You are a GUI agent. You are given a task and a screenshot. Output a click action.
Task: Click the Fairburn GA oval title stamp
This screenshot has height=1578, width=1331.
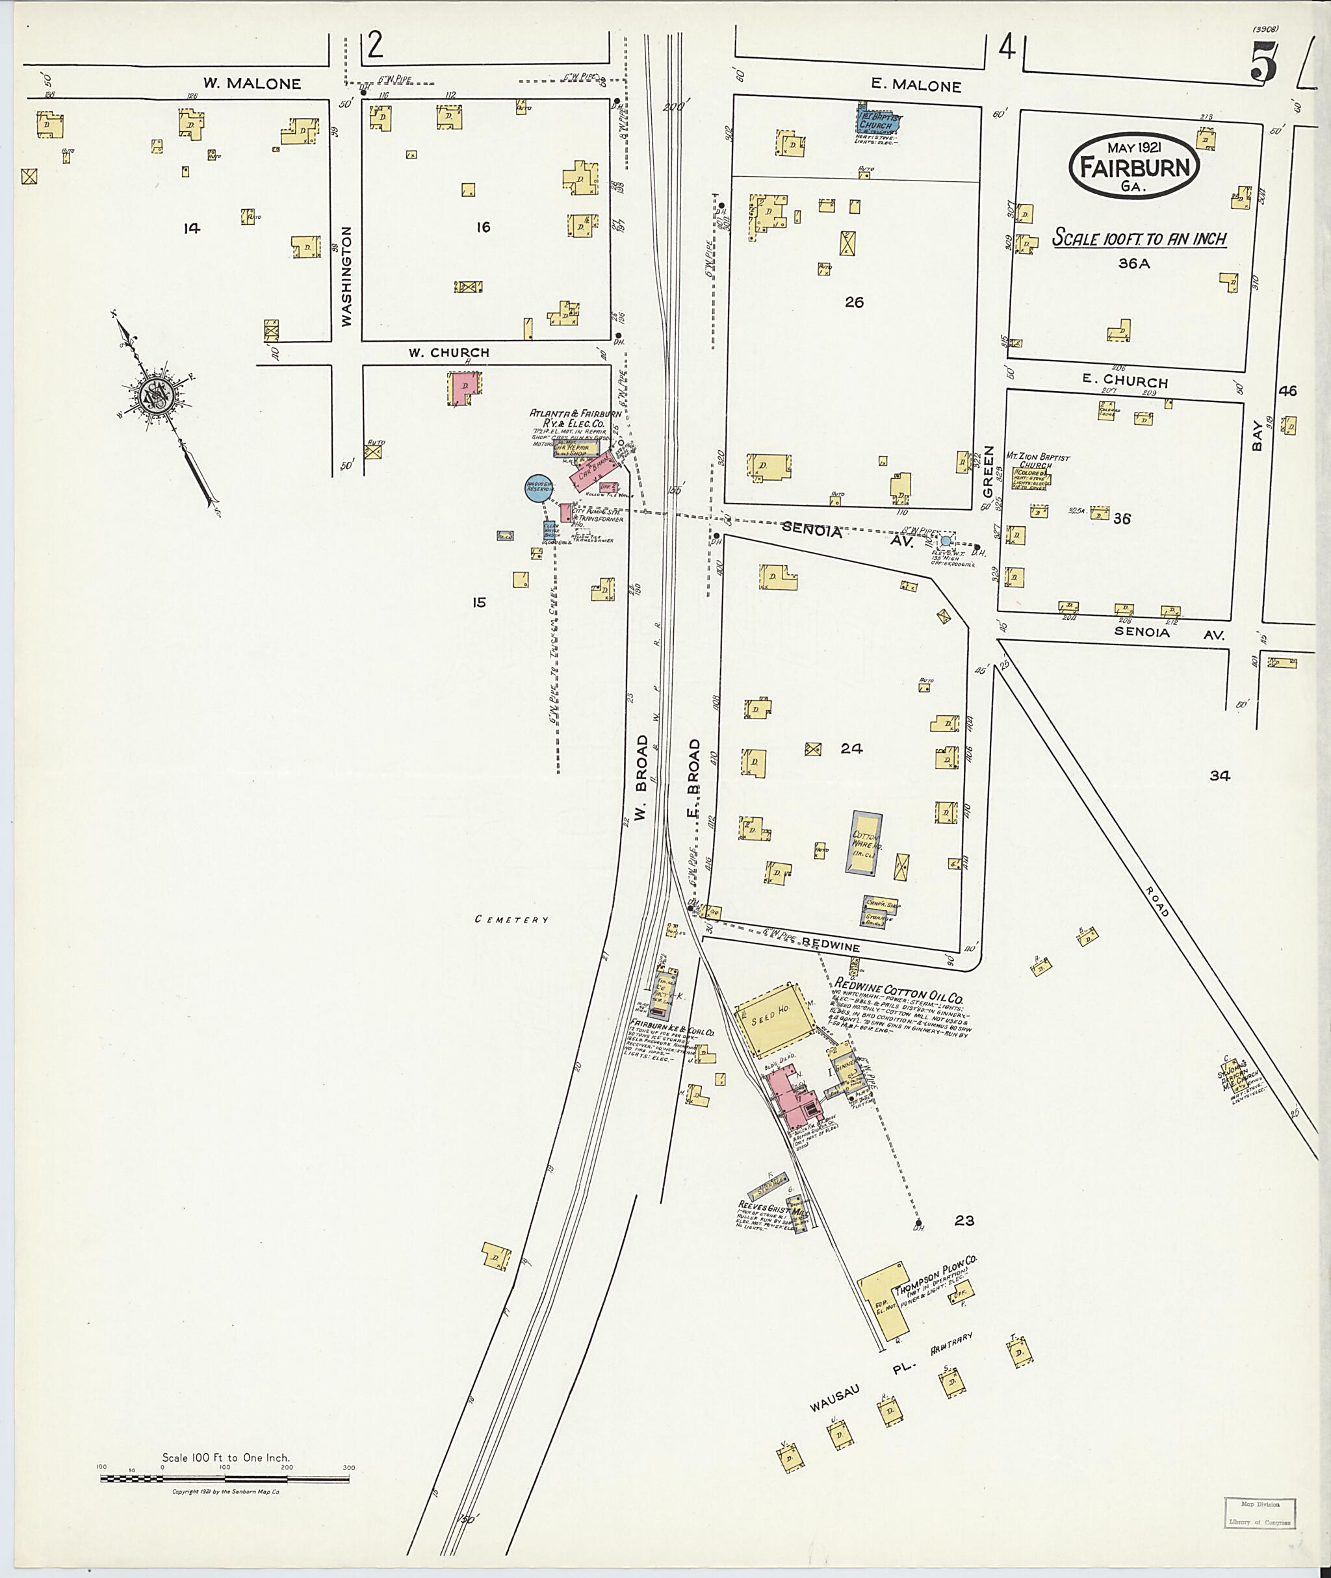[1133, 165]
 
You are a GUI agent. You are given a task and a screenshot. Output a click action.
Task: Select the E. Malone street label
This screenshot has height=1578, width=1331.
[916, 86]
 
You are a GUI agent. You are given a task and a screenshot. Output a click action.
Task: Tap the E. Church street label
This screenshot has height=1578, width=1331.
[1124, 381]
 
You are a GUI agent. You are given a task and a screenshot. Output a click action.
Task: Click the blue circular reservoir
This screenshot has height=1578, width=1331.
[540, 488]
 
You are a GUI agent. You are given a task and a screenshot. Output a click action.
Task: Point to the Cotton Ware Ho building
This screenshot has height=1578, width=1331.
[866, 843]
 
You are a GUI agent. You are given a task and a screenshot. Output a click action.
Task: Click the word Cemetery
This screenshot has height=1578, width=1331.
[511, 919]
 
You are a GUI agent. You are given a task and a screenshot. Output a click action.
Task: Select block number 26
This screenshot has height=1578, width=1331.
[853, 303]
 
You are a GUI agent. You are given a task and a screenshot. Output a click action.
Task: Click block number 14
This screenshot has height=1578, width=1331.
[192, 228]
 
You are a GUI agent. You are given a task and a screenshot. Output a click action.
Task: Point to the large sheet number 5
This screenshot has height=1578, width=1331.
[1263, 62]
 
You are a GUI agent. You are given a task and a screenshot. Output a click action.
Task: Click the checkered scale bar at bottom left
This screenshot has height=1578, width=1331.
[226, 1478]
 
